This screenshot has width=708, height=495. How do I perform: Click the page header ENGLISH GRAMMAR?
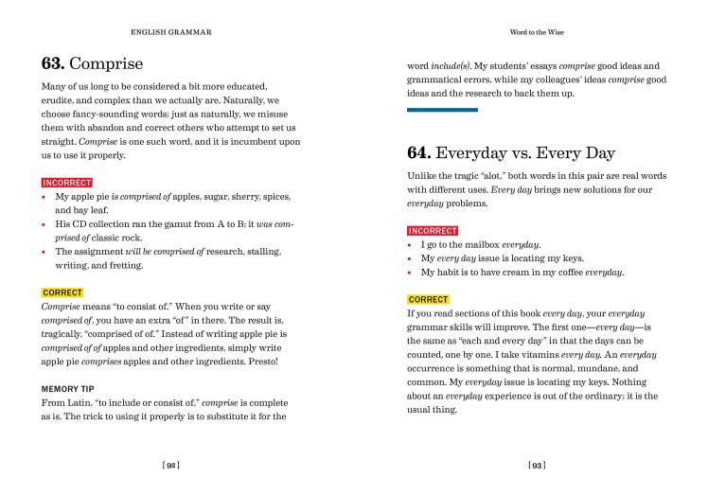click(170, 32)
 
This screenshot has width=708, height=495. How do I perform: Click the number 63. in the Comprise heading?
click(53, 64)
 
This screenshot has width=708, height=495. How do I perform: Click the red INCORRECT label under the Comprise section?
click(67, 182)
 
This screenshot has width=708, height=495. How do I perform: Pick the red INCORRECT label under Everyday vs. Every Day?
click(433, 231)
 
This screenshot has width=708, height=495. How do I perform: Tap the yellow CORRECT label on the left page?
click(62, 292)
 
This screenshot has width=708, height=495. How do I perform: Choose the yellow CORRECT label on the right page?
click(429, 299)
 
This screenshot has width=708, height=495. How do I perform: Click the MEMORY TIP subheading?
click(69, 389)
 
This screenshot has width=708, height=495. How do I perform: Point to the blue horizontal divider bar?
click(442, 110)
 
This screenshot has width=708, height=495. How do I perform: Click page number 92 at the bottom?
click(170, 465)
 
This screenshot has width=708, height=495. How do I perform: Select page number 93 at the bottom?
click(537, 465)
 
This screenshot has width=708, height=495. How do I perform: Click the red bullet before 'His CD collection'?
click(44, 224)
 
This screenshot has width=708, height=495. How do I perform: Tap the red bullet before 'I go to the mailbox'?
click(410, 244)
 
